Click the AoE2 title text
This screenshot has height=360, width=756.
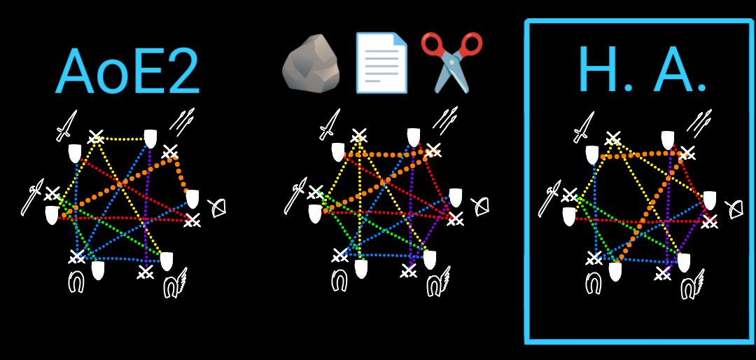pos(127,72)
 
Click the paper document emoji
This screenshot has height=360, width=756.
pos(381,63)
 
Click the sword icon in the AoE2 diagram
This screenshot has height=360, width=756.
pos(66,125)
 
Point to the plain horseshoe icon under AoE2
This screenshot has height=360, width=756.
pos(76,282)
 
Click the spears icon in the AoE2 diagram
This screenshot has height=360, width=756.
pos(182,120)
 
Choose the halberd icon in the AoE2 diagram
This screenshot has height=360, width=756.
pos(32,200)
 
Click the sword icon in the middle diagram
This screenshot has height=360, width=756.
pos(330,124)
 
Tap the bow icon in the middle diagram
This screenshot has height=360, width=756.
pos(481,207)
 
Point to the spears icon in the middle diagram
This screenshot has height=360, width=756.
pos(445,120)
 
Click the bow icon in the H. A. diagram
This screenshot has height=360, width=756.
pos(735,209)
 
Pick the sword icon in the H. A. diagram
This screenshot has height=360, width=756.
pos(584,126)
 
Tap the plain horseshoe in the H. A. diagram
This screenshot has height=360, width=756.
pos(593,282)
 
